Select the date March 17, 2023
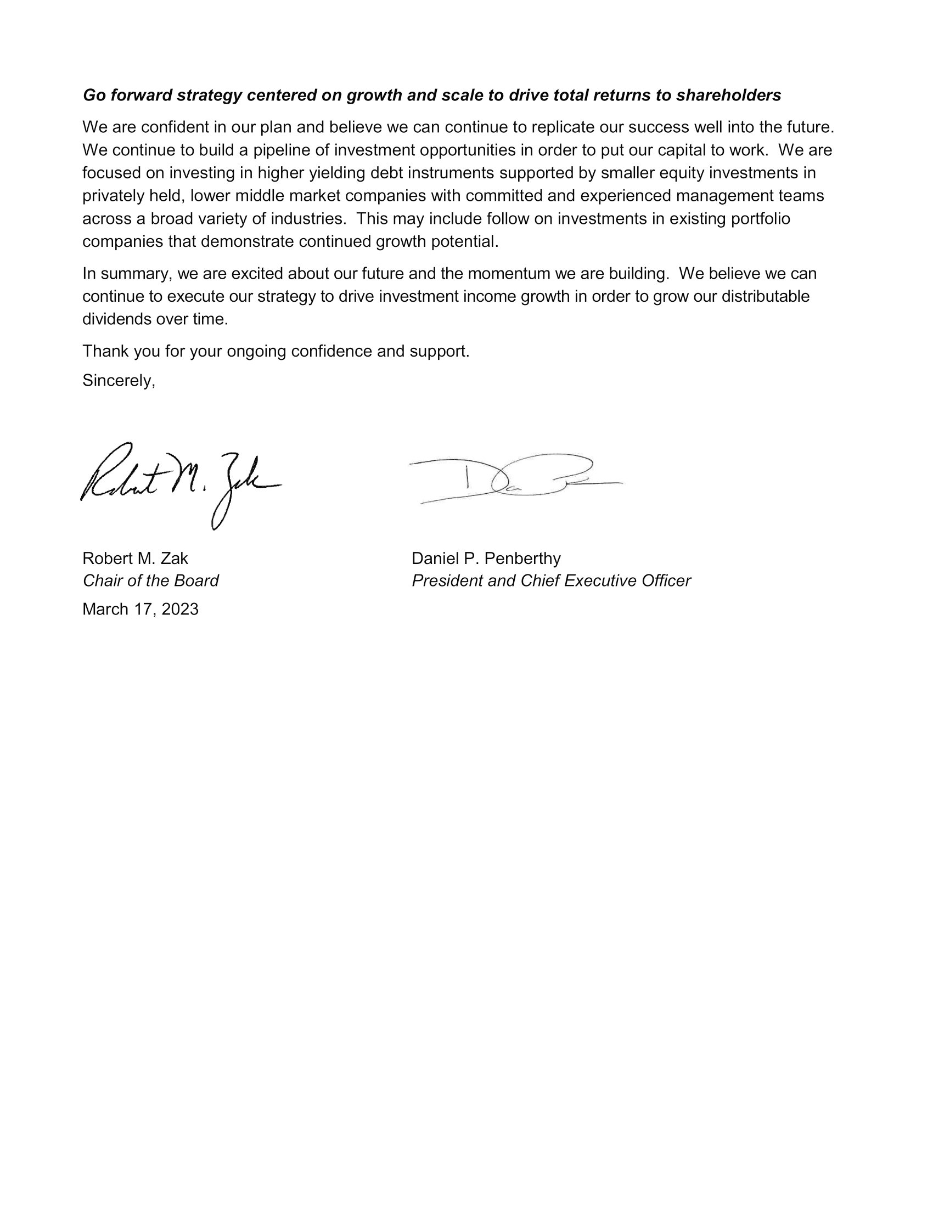140,609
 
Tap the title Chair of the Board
150,581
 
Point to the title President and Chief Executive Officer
551,581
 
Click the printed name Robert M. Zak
135,558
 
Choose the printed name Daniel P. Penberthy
486,558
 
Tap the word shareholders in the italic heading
728,95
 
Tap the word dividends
116,319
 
